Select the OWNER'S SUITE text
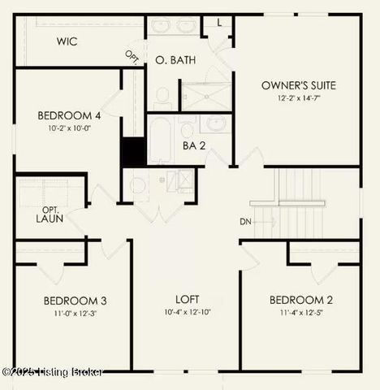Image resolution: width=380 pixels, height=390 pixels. click(x=299, y=85)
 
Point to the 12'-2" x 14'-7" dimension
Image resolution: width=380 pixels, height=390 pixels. click(x=299, y=97)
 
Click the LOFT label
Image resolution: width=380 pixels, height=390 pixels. click(x=187, y=299)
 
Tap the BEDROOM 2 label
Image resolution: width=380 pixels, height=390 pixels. click(x=302, y=301)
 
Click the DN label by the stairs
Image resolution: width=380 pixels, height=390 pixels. click(x=245, y=222)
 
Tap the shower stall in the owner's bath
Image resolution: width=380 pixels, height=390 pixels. click(x=205, y=95)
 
